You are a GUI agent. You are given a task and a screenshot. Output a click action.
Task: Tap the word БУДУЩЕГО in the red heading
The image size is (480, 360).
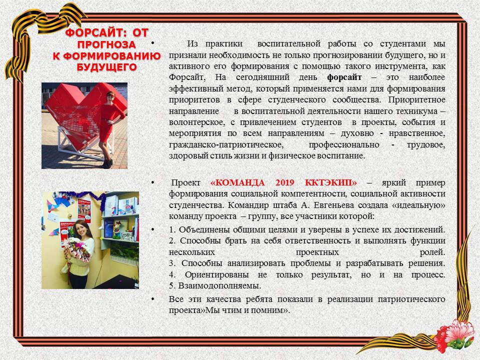tap(106, 67)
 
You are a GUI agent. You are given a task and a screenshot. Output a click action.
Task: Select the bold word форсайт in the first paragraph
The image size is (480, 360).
tap(344, 77)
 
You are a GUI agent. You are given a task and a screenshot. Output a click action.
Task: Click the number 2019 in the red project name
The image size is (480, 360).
tap(284, 183)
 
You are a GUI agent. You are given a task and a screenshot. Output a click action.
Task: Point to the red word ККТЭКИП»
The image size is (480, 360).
tap(331, 183)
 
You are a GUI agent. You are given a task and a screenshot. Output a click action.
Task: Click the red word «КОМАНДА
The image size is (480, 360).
tap(237, 183)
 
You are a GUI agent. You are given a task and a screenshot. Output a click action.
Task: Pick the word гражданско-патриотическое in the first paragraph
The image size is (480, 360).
tap(226, 145)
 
